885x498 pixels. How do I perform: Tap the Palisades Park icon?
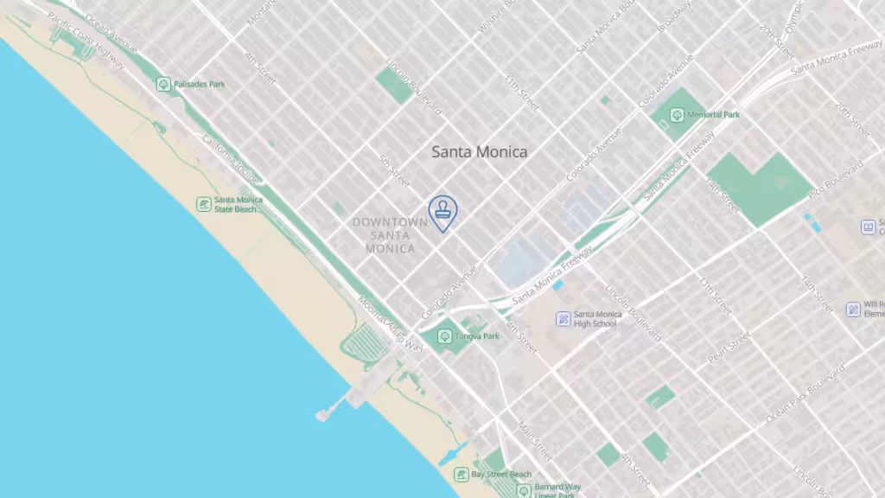(x=163, y=84)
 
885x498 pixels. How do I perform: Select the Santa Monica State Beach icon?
(x=203, y=204)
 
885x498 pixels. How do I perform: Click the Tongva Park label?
(x=477, y=336)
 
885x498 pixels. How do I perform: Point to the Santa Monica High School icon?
(x=563, y=319)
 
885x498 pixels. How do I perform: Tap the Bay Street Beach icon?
(x=462, y=475)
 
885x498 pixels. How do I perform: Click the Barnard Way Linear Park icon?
(x=523, y=490)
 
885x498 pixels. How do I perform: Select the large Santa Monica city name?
(x=479, y=152)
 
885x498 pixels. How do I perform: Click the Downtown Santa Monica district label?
(x=390, y=235)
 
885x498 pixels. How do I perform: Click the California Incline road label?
(x=229, y=160)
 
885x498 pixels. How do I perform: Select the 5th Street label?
(x=394, y=170)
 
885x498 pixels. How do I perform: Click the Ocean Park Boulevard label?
(x=804, y=394)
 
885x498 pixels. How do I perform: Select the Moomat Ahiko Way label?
(x=391, y=324)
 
